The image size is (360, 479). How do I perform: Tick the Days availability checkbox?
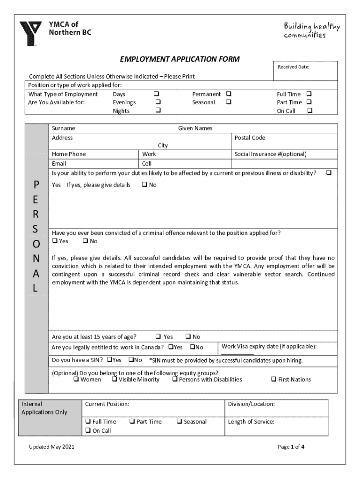click(158, 94)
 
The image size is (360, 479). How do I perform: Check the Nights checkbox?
click(158, 111)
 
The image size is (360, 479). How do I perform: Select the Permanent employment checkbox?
click(229, 94)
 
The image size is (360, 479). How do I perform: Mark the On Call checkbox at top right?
click(310, 111)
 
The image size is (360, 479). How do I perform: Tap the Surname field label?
click(64, 128)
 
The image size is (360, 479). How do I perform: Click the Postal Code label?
click(250, 138)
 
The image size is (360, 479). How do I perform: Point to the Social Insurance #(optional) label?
click(270, 154)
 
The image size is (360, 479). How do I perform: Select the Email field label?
click(59, 164)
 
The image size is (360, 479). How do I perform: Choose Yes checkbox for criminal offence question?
click(55, 241)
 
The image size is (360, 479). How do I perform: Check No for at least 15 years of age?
click(188, 336)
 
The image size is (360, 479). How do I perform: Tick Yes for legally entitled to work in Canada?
click(171, 347)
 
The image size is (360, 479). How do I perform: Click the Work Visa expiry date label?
click(269, 347)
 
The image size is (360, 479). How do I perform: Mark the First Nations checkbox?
click(274, 379)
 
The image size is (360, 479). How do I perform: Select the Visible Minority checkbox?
click(114, 379)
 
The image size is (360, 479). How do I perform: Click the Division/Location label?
click(251, 404)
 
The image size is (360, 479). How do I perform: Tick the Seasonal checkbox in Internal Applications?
click(179, 421)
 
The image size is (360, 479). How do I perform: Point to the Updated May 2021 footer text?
click(51, 447)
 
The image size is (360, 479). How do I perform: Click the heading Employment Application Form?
click(180, 59)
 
